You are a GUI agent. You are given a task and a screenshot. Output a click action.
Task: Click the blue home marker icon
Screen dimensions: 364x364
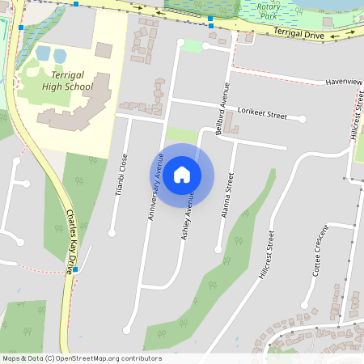point(182,174)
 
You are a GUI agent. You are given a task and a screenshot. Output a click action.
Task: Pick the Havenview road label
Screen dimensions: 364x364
point(343,82)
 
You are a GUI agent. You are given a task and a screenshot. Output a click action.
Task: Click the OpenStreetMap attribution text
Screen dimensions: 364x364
point(82,358)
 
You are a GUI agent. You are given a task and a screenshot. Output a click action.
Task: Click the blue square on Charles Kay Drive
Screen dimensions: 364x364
point(77,269)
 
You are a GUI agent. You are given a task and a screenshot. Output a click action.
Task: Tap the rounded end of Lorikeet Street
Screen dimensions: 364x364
point(303,119)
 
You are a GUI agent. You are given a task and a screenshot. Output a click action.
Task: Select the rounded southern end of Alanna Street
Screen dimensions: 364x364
point(218,249)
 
